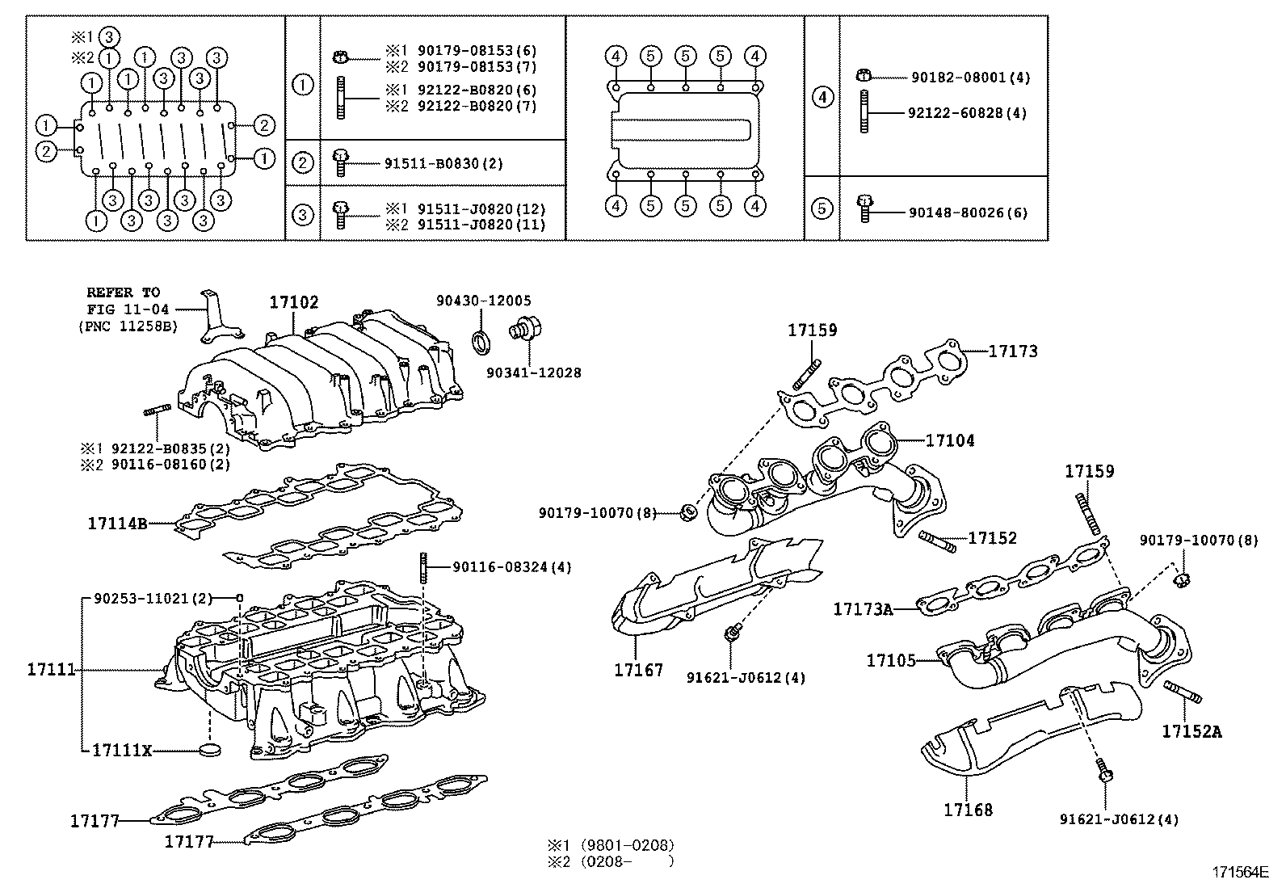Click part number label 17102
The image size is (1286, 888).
[294, 302]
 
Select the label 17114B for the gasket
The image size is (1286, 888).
[117, 524]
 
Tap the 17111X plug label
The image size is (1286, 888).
[121, 750]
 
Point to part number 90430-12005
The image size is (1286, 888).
[484, 301]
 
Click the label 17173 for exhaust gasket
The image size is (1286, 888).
[1013, 351]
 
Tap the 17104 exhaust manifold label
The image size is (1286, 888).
[950, 440]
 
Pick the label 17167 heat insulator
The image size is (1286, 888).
[638, 670]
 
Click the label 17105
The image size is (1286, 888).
[891, 660]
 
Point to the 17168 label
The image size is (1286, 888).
[968, 809]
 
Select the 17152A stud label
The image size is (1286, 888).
[1191, 732]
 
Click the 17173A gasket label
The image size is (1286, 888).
[863, 608]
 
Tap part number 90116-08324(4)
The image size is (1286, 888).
[511, 567]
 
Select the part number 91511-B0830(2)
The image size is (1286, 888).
[443, 164]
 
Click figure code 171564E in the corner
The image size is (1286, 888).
[1240, 872]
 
